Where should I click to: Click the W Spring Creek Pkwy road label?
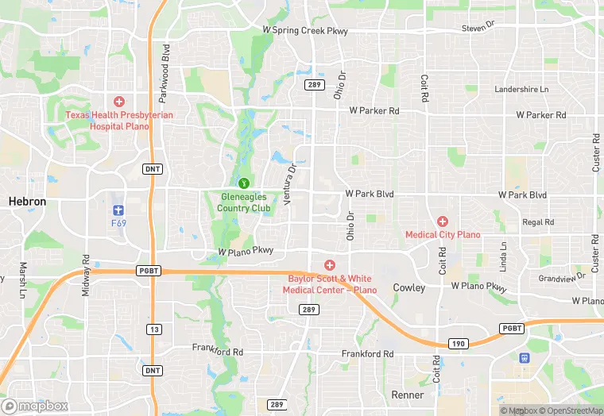(305, 30)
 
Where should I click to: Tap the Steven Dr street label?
(478, 27)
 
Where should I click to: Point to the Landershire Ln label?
(521, 90)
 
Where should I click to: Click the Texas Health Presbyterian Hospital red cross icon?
(119, 102)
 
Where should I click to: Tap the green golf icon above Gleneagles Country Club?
(245, 183)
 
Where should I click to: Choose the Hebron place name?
(27, 202)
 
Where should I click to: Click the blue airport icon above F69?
(119, 210)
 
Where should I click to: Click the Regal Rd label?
(538, 222)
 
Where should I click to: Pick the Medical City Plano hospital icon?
(443, 221)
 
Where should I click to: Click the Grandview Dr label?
(562, 277)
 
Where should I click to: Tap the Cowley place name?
(409, 287)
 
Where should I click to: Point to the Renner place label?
(408, 395)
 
